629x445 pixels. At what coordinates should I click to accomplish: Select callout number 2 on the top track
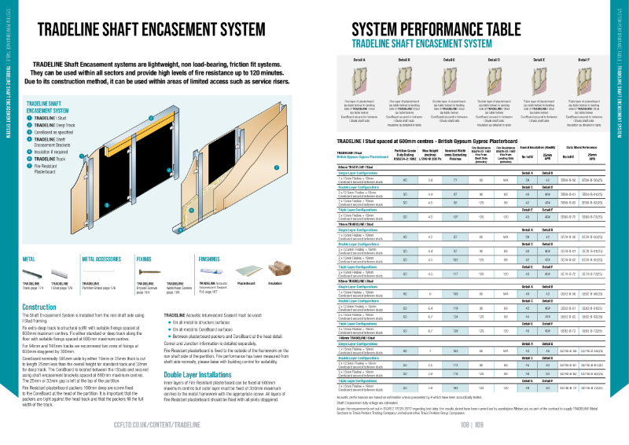click(x=150, y=118)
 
